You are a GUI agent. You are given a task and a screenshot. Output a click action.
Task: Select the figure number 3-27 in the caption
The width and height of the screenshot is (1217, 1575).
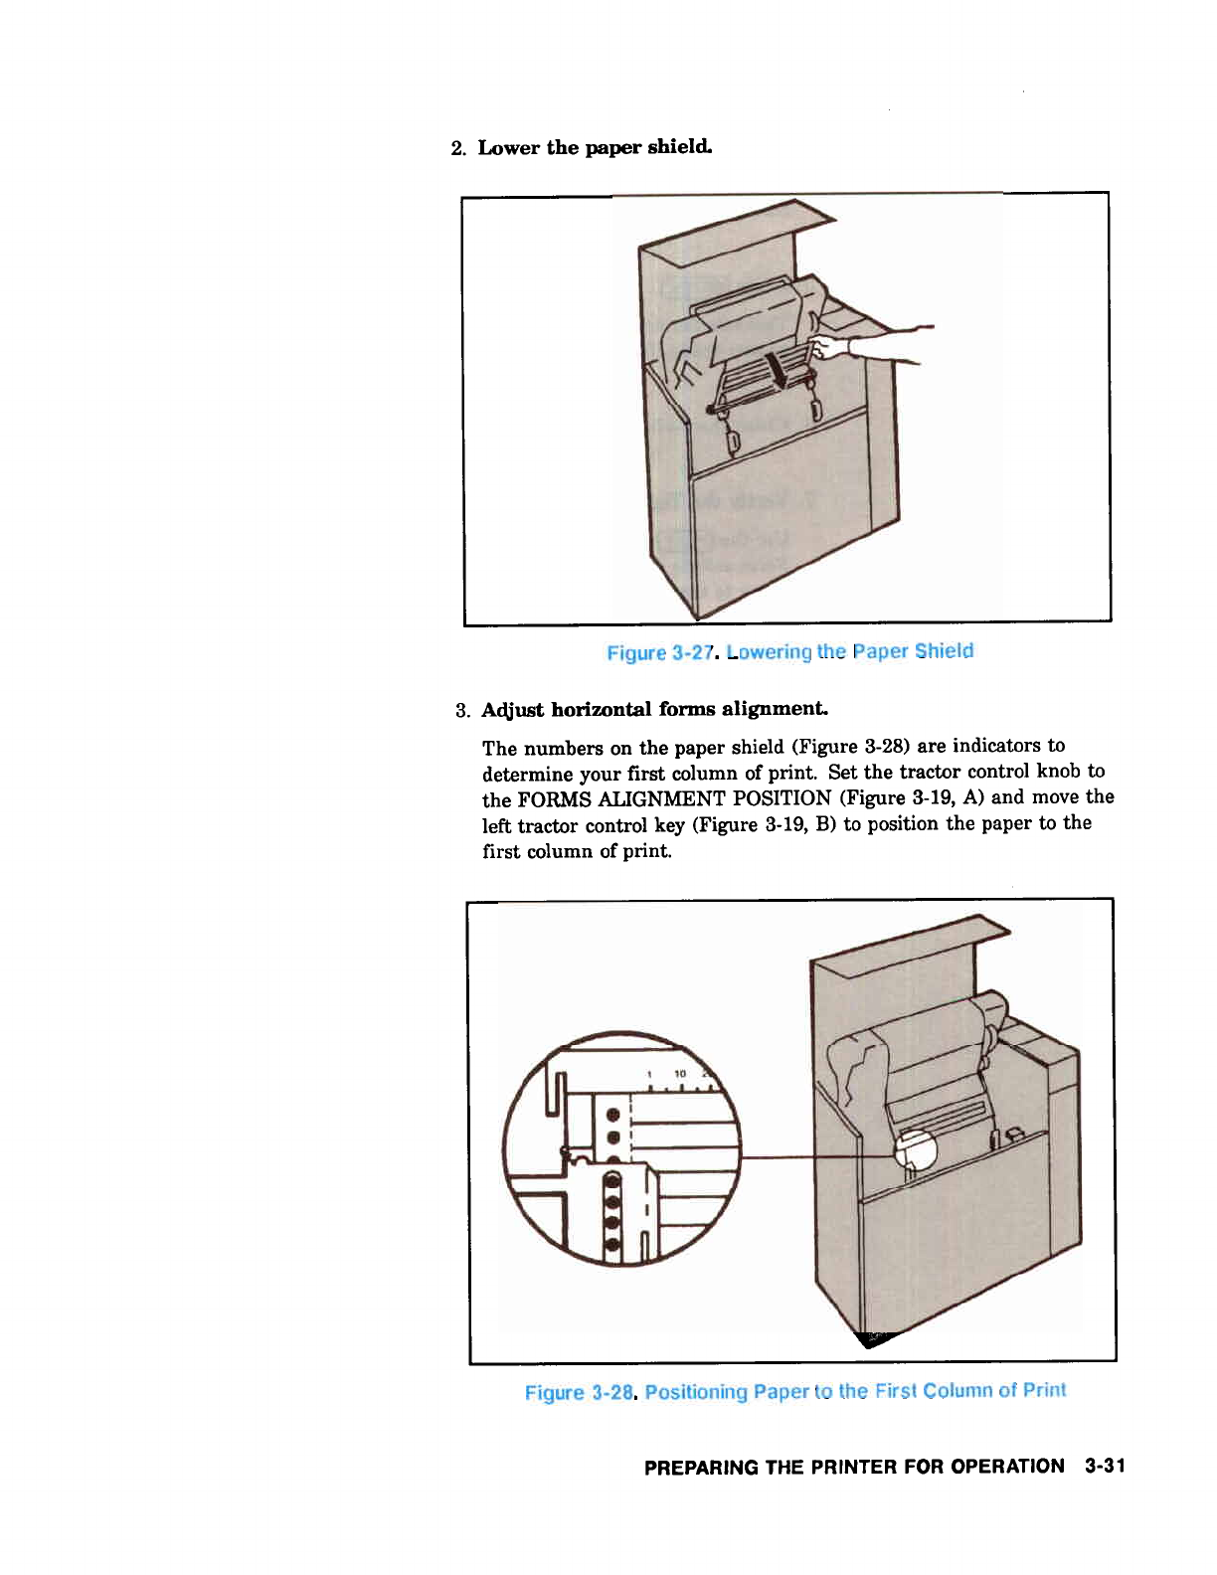click(x=692, y=652)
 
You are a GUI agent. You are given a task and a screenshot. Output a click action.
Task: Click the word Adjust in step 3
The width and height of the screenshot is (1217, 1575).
click(x=513, y=710)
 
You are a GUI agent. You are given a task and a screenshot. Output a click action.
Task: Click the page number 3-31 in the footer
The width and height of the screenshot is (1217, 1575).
click(x=1105, y=1466)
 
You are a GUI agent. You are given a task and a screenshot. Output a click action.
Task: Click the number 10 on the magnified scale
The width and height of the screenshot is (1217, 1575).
click(x=680, y=1074)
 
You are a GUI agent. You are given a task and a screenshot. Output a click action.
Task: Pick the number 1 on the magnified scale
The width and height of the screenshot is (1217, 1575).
click(x=648, y=1074)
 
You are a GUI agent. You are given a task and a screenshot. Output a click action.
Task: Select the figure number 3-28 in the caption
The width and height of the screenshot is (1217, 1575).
click(x=612, y=1392)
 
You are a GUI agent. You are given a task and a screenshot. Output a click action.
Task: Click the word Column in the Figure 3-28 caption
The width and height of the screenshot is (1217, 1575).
click(x=956, y=1390)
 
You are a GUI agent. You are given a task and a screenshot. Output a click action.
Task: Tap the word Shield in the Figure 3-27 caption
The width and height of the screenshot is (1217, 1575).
click(x=945, y=650)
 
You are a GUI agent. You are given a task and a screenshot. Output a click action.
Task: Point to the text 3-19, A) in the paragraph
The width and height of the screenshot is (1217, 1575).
click(x=949, y=797)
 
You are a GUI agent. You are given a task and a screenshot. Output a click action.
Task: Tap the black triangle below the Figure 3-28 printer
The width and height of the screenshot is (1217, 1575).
click(x=875, y=1339)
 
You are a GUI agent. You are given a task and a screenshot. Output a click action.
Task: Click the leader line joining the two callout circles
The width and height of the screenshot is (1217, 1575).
click(x=815, y=1156)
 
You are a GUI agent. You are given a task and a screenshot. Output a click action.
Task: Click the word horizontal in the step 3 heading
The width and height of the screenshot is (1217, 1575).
click(x=602, y=709)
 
